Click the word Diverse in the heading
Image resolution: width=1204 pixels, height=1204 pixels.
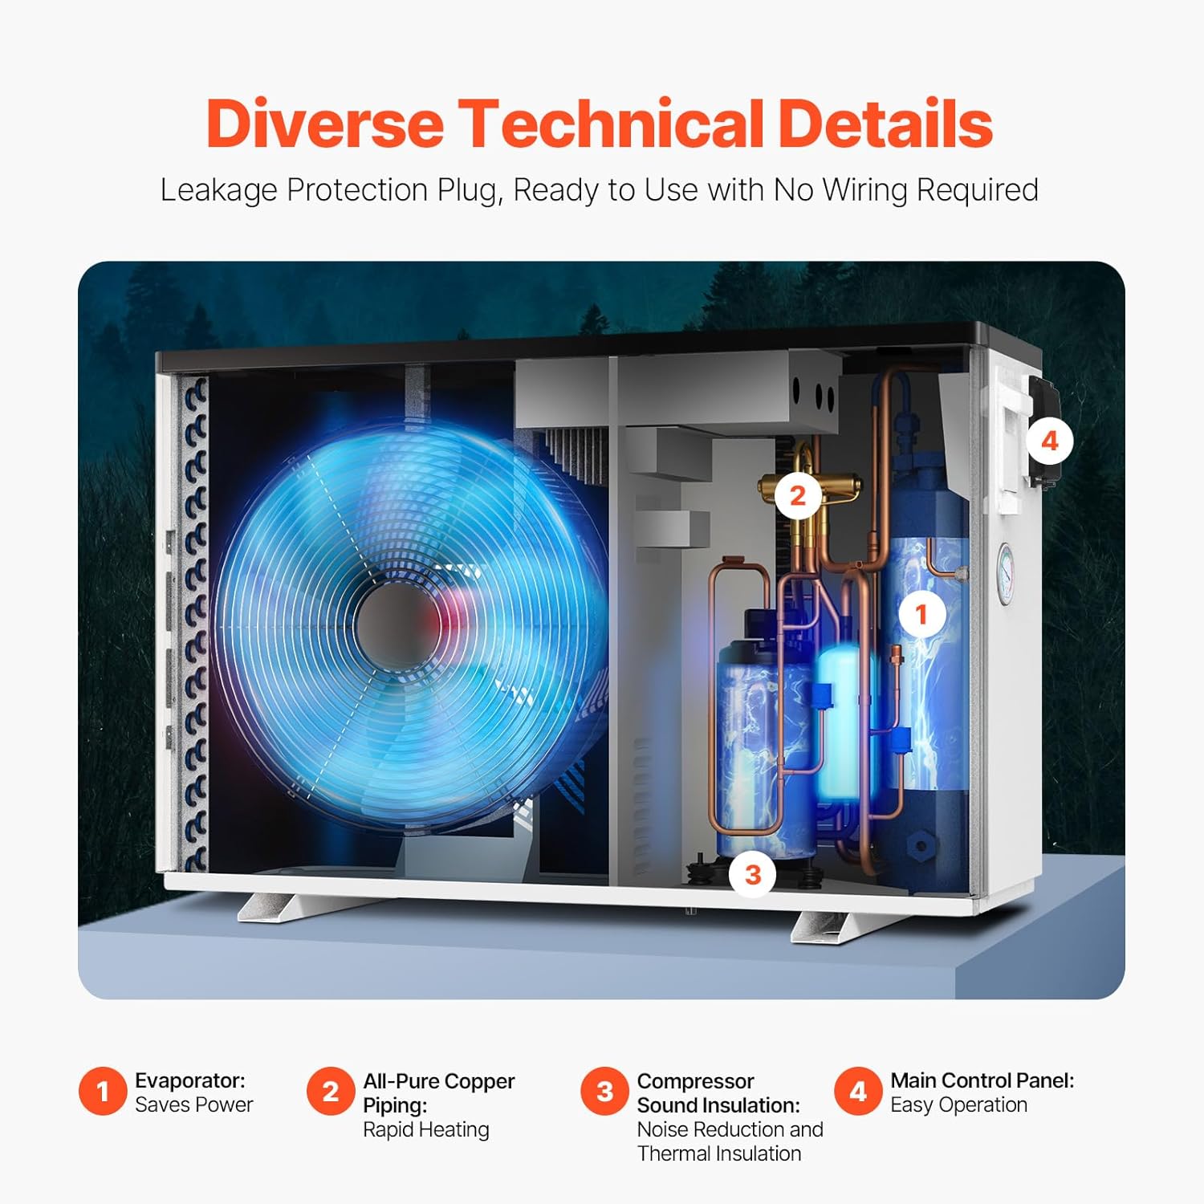coord(325,124)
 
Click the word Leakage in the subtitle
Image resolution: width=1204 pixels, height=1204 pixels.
coord(214,190)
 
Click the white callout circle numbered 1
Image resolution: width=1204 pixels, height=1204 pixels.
coord(921,615)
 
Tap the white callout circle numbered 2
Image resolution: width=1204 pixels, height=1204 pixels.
coord(797,495)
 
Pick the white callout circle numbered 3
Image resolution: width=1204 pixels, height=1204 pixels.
coord(753,874)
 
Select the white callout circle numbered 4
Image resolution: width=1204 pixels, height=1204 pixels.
coord(1050,441)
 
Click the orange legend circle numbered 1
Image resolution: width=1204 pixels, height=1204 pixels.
coord(103,1092)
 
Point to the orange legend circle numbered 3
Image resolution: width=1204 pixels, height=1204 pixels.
coord(604,1092)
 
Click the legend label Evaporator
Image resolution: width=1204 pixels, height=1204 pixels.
coord(190,1080)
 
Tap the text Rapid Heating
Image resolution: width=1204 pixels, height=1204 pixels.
coord(425,1129)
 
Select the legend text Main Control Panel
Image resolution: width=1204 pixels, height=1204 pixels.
coord(982,1080)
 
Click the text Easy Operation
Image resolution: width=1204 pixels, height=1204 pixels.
coord(958,1104)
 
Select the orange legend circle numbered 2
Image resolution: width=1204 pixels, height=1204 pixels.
coord(330,1092)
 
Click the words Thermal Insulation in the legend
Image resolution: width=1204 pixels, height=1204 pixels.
coord(719,1153)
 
